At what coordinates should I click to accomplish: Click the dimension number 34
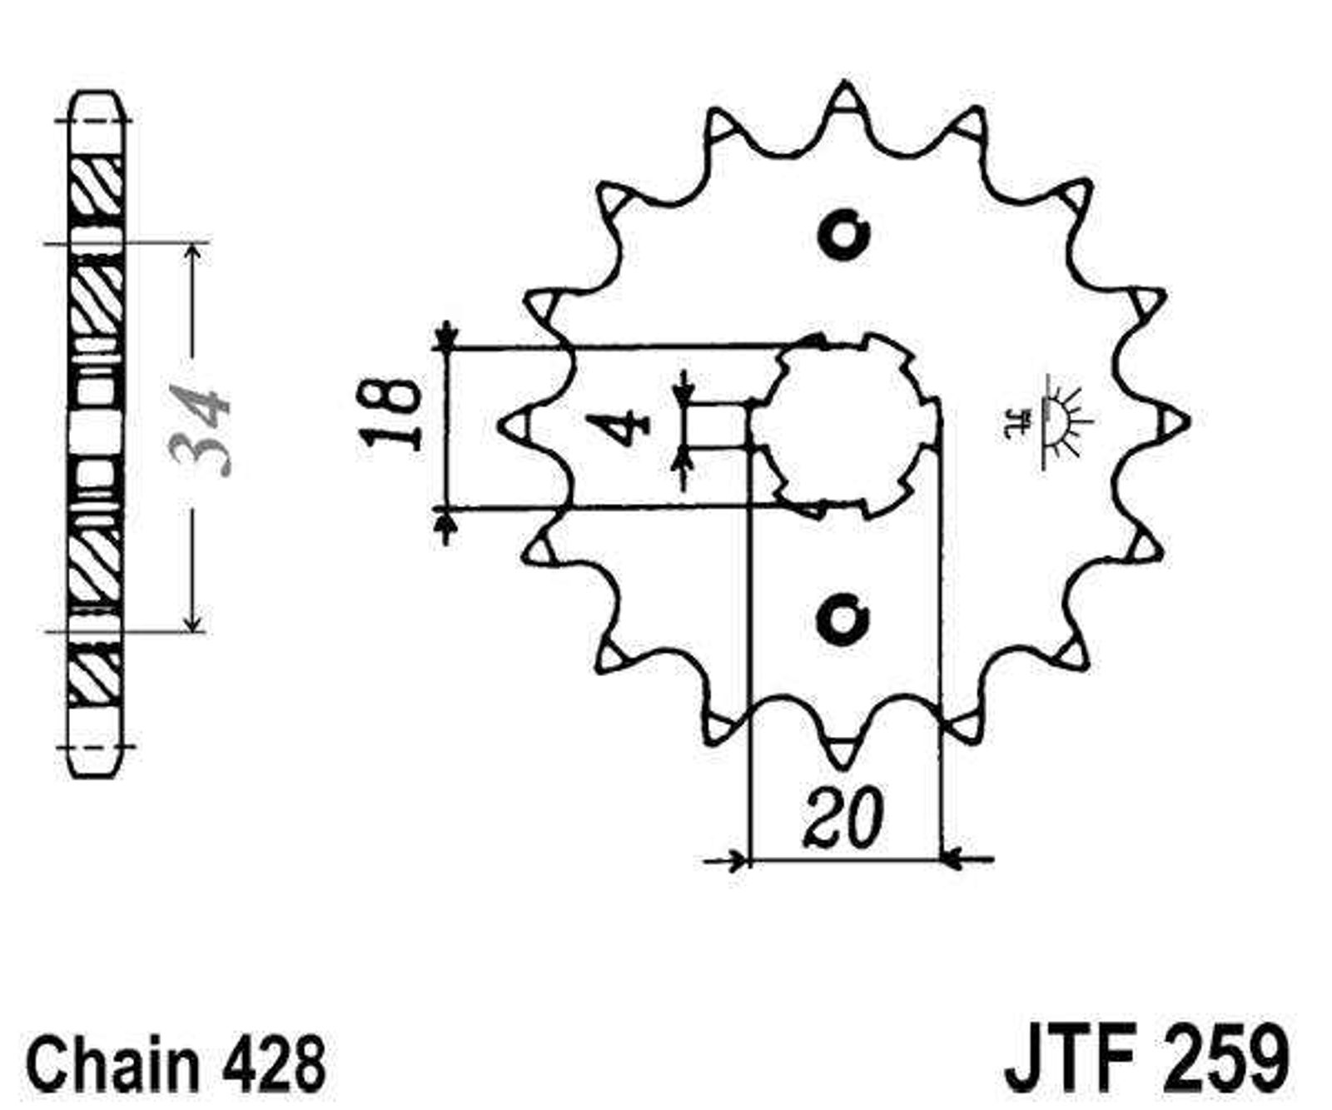click(199, 430)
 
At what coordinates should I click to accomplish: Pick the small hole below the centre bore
click(843, 618)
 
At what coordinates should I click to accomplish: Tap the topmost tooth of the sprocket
click(844, 104)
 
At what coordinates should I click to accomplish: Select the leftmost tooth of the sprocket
click(520, 425)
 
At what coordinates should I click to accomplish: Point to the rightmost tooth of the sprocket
click(1167, 422)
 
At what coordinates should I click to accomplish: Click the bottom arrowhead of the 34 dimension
click(193, 621)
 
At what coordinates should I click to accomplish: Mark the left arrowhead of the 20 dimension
click(738, 859)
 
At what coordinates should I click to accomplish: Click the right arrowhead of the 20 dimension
click(952, 858)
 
